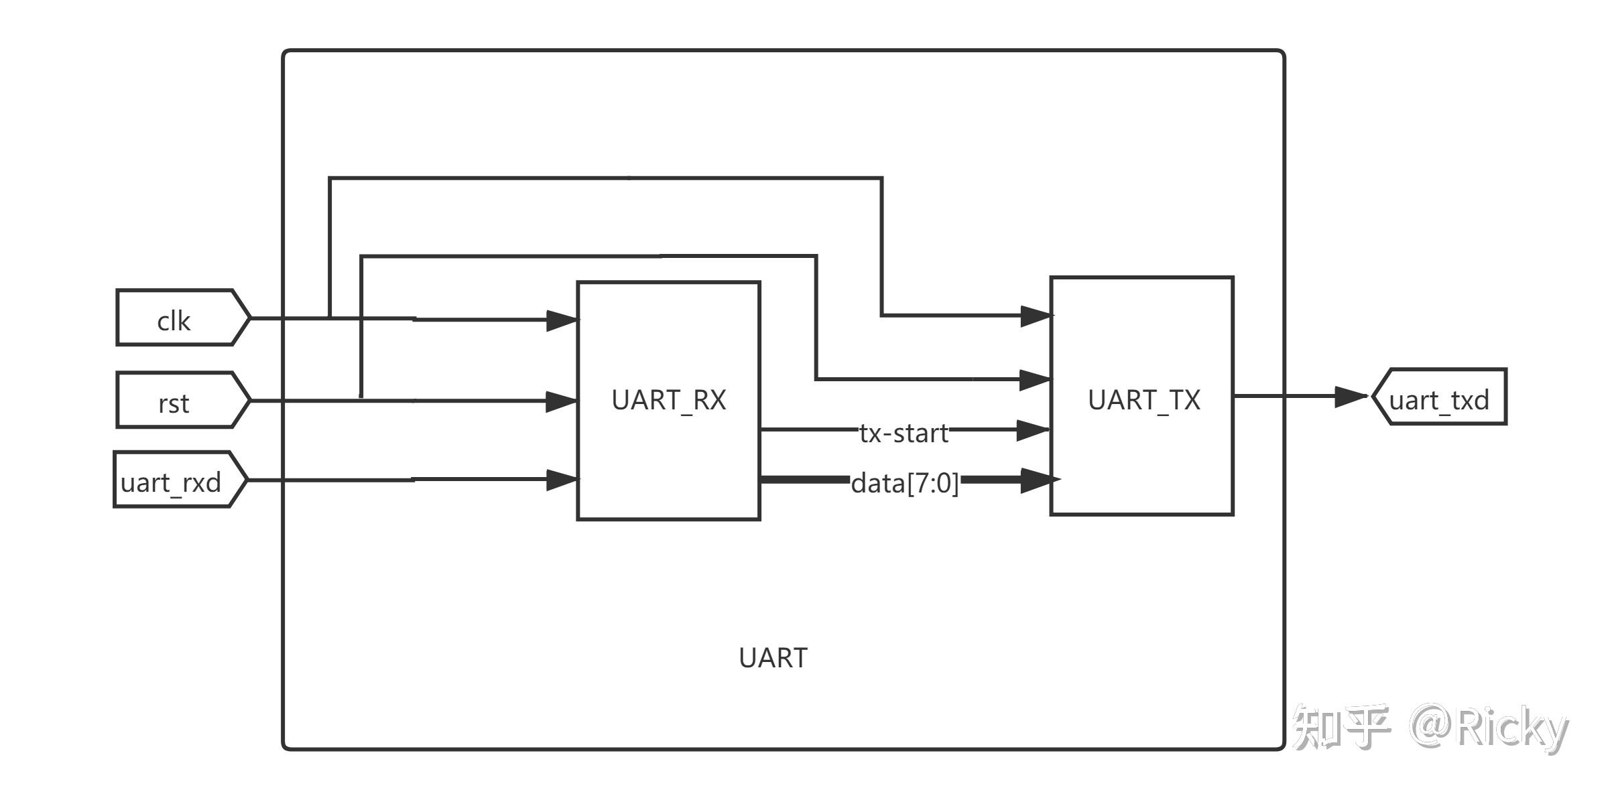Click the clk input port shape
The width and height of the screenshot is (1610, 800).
tap(183, 318)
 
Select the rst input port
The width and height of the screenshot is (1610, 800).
tap(183, 400)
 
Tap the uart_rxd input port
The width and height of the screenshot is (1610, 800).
tap(180, 480)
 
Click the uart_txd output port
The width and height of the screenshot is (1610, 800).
tap(1439, 397)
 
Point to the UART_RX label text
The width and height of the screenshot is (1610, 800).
tap(669, 400)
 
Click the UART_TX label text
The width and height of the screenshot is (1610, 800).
tap(1144, 400)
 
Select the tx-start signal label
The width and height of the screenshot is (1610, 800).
tap(904, 434)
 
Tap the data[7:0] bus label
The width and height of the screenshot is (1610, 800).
tap(905, 483)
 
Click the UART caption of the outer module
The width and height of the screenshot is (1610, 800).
tap(773, 658)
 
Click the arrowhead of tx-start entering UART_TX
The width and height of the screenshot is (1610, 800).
tap(1034, 430)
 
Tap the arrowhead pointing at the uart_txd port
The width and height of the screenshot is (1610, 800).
tap(1351, 397)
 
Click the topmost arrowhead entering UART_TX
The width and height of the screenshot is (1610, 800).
tap(1037, 316)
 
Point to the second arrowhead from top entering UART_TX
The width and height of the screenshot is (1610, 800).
tap(1036, 380)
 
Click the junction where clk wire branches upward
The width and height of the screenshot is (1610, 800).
tap(330, 318)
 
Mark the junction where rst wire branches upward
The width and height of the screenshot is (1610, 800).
tap(361, 400)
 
